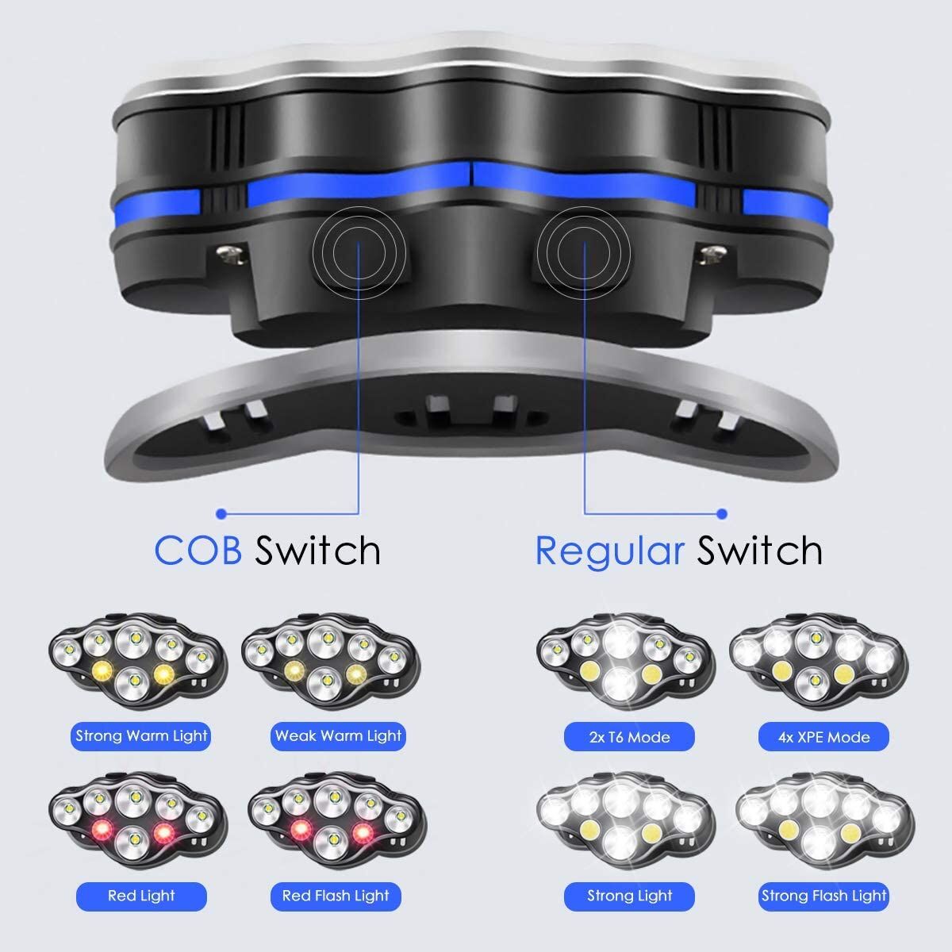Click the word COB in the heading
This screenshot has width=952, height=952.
[x=198, y=550]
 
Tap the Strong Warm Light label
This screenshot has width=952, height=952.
[x=141, y=735]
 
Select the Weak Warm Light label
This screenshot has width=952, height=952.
[x=338, y=735]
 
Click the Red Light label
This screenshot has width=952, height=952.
[x=141, y=896]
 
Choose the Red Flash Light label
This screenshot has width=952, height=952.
[x=336, y=896]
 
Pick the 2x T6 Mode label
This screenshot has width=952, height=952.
[x=629, y=737]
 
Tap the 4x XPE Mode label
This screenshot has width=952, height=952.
[x=824, y=737]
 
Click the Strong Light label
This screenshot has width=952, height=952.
[x=629, y=896]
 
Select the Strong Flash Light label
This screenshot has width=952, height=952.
[x=824, y=896]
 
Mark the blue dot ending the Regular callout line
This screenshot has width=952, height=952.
[x=722, y=513]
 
